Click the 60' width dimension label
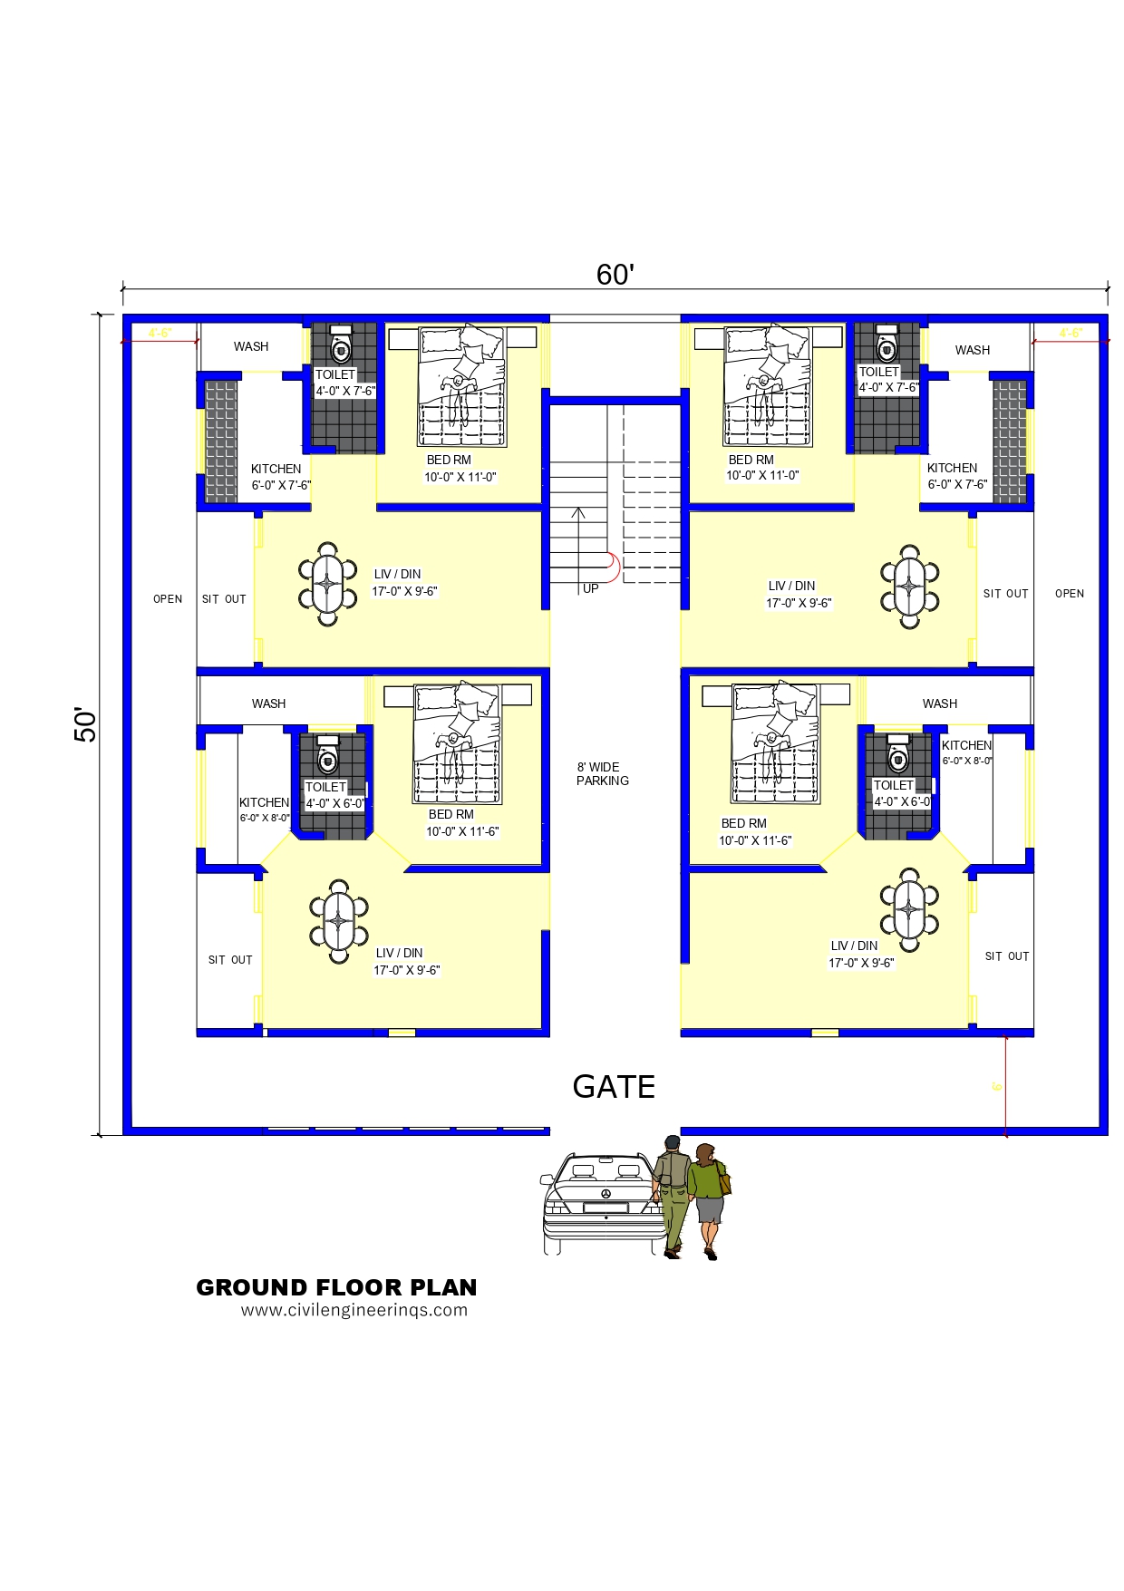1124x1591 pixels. [615, 275]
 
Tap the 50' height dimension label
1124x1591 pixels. [85, 724]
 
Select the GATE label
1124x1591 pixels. [614, 1086]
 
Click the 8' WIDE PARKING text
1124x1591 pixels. [602, 773]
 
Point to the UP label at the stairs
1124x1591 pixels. [591, 588]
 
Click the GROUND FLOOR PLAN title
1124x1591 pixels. [336, 1287]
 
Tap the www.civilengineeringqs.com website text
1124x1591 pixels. [354, 1310]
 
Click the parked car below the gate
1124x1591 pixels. [602, 1203]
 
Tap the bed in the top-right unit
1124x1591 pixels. [769, 385]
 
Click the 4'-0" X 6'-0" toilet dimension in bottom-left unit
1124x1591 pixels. [335, 803]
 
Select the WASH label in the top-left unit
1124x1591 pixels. [251, 346]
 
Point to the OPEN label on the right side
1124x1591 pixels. [1070, 594]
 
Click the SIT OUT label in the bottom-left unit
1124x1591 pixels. [230, 960]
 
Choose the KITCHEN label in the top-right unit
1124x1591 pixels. [952, 468]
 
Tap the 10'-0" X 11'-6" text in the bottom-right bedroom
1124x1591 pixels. [755, 840]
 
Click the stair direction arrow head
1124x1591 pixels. [578, 513]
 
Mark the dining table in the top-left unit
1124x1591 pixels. [328, 584]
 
